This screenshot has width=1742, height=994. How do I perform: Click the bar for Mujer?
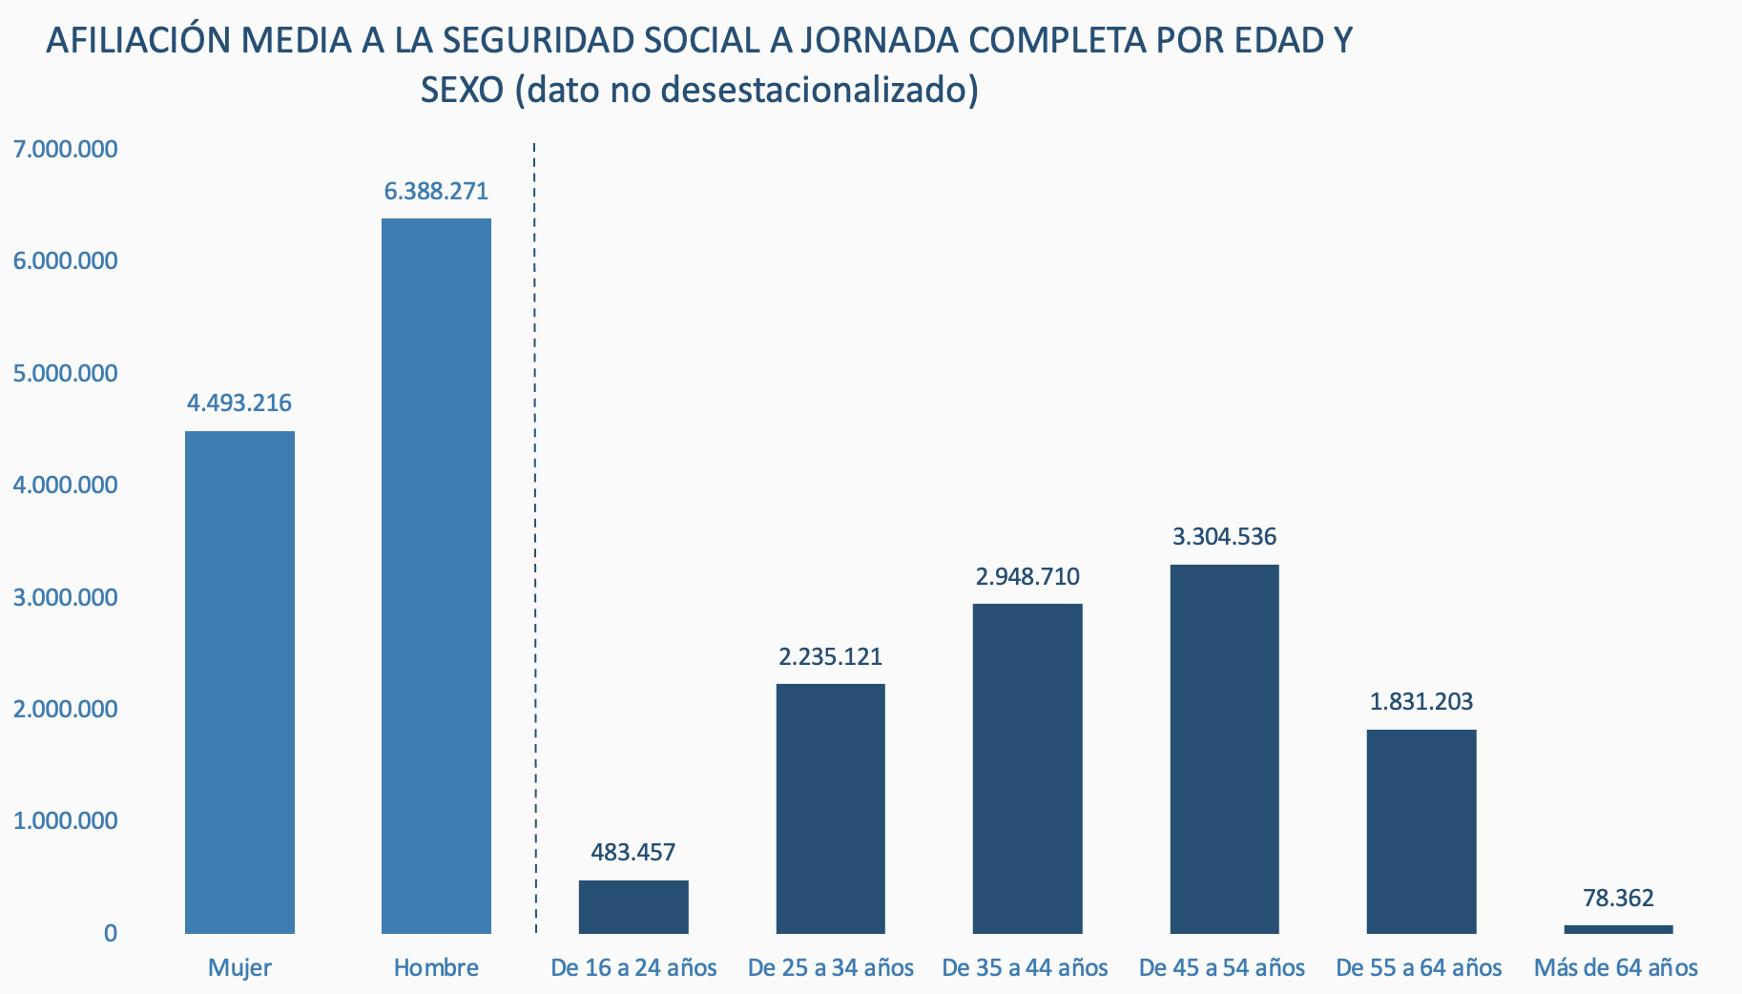point(239,682)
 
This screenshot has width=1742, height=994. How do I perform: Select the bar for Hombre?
point(436,575)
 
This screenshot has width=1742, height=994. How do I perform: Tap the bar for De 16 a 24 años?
point(633,906)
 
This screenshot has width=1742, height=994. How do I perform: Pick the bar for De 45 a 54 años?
point(1224,749)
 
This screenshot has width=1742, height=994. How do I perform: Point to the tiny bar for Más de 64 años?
point(1618,929)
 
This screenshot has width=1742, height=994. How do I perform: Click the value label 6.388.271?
point(436,192)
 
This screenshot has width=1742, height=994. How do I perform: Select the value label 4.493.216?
point(239,404)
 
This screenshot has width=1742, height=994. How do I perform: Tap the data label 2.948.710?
point(1027,577)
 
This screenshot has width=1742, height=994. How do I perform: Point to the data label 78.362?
point(1618,899)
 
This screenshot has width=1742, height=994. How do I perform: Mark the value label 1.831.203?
point(1421,703)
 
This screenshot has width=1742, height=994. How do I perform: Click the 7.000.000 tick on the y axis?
point(66,150)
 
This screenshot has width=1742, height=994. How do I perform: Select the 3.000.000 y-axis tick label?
point(66,598)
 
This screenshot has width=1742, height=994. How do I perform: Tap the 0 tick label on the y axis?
point(111,934)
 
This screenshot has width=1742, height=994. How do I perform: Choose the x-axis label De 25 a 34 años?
point(831,968)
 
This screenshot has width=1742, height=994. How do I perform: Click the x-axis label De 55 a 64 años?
point(1419,968)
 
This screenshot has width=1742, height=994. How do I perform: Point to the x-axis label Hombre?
point(436,968)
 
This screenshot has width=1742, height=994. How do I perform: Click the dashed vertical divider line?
point(534,534)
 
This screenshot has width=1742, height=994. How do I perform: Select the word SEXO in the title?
point(462,91)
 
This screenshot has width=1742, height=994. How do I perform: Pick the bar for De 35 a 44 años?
point(1027,768)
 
